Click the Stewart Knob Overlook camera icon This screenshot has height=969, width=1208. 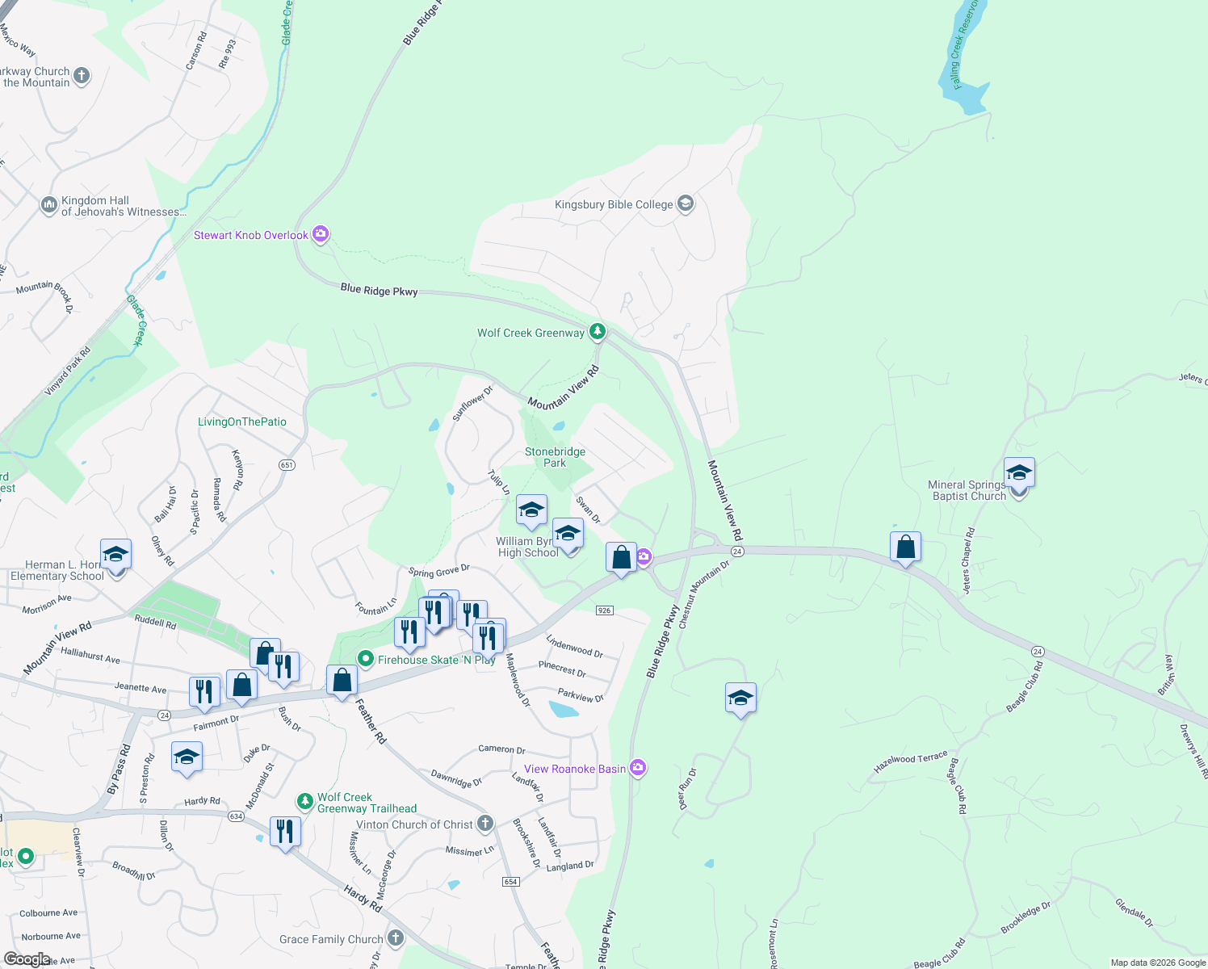tap(321, 234)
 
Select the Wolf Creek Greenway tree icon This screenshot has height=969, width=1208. tap(597, 331)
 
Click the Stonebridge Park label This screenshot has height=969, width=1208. tap(555, 457)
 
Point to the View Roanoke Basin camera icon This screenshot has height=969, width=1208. tap(638, 768)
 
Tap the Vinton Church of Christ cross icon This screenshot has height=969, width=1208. tap(484, 824)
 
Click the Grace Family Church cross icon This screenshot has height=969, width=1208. tap(395, 938)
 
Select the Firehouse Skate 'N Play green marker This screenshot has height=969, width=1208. tap(365, 659)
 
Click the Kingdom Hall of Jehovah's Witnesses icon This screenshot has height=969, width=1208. tap(48, 205)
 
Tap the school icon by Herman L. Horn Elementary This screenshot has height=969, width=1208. tap(115, 556)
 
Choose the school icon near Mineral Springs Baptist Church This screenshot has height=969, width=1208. tap(1019, 472)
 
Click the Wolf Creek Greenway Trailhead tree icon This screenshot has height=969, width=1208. tap(304, 801)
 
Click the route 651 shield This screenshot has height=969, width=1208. tap(287, 465)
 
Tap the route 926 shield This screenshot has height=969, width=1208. tap(605, 610)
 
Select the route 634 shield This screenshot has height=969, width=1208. tap(236, 816)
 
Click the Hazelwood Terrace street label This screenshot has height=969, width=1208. tap(910, 761)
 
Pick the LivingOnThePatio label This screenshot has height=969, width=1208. tap(242, 422)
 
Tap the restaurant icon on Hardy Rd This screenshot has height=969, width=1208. tap(285, 831)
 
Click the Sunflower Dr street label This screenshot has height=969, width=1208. tap(472, 403)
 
